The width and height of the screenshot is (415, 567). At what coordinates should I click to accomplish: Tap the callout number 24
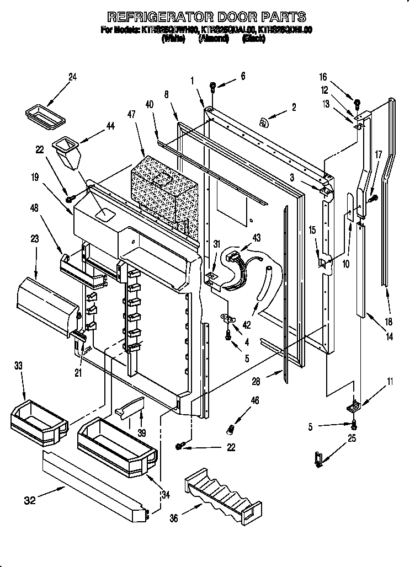click(x=72, y=77)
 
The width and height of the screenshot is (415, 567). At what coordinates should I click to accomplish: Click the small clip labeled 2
click(x=264, y=124)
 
